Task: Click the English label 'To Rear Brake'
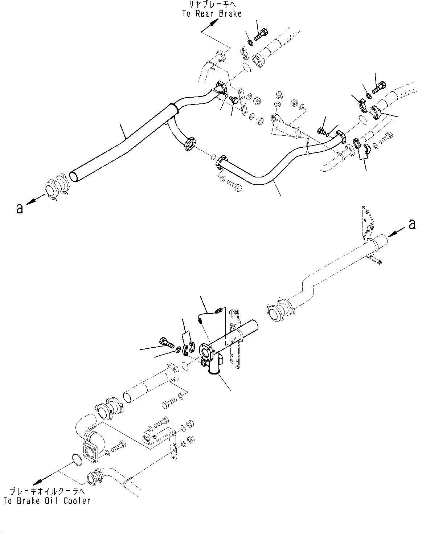tap(212, 14)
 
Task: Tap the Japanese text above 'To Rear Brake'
tap(212, 5)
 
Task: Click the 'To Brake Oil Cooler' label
tap(47, 501)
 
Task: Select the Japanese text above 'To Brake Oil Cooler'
tap(47, 492)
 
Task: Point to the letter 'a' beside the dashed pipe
tap(411, 224)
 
